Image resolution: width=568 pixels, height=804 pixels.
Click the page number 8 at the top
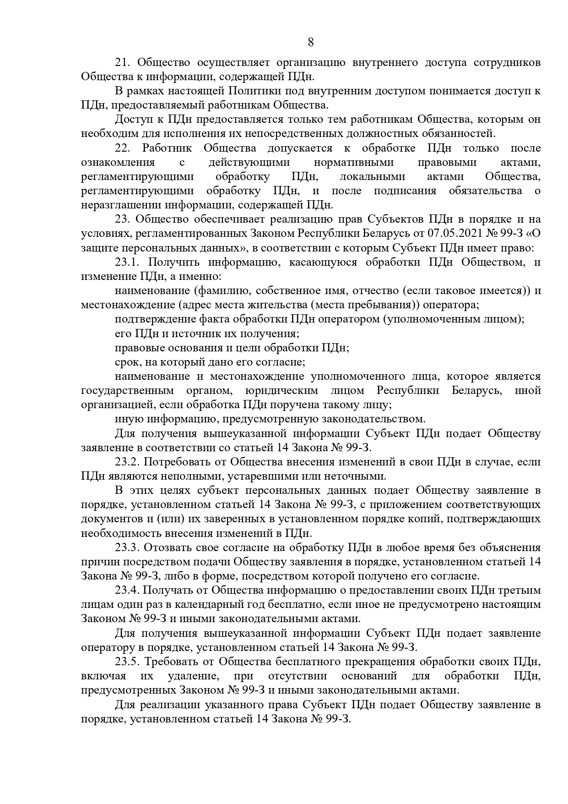pos(311,43)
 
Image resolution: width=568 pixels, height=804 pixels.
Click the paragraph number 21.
pos(122,62)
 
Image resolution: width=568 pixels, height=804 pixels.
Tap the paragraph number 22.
pos(123,148)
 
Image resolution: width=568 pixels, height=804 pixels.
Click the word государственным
pos(127,391)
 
